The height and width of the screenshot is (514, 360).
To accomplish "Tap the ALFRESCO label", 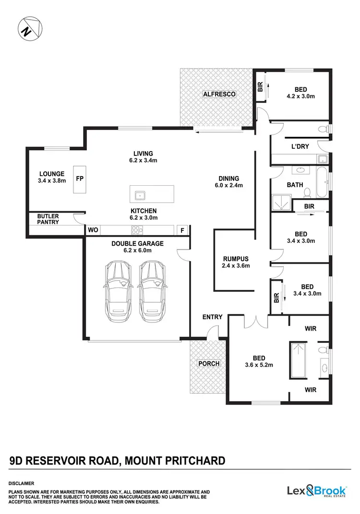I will coord(219,94).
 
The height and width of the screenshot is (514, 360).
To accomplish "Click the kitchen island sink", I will coord(141,195).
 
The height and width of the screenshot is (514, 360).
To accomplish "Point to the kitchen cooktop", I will coord(137,229).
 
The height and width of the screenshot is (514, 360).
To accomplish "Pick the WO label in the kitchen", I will coord(93,230).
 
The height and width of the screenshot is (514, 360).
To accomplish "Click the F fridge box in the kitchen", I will coord(182,230).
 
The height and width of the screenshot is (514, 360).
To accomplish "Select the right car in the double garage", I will coord(152,292).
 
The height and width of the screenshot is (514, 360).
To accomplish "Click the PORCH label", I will coord(209,363).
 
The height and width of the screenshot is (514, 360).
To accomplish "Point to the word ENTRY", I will coord(212,317).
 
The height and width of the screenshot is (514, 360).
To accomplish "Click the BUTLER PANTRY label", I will coord(48,219).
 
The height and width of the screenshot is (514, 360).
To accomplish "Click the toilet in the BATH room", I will coord(309,192).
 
